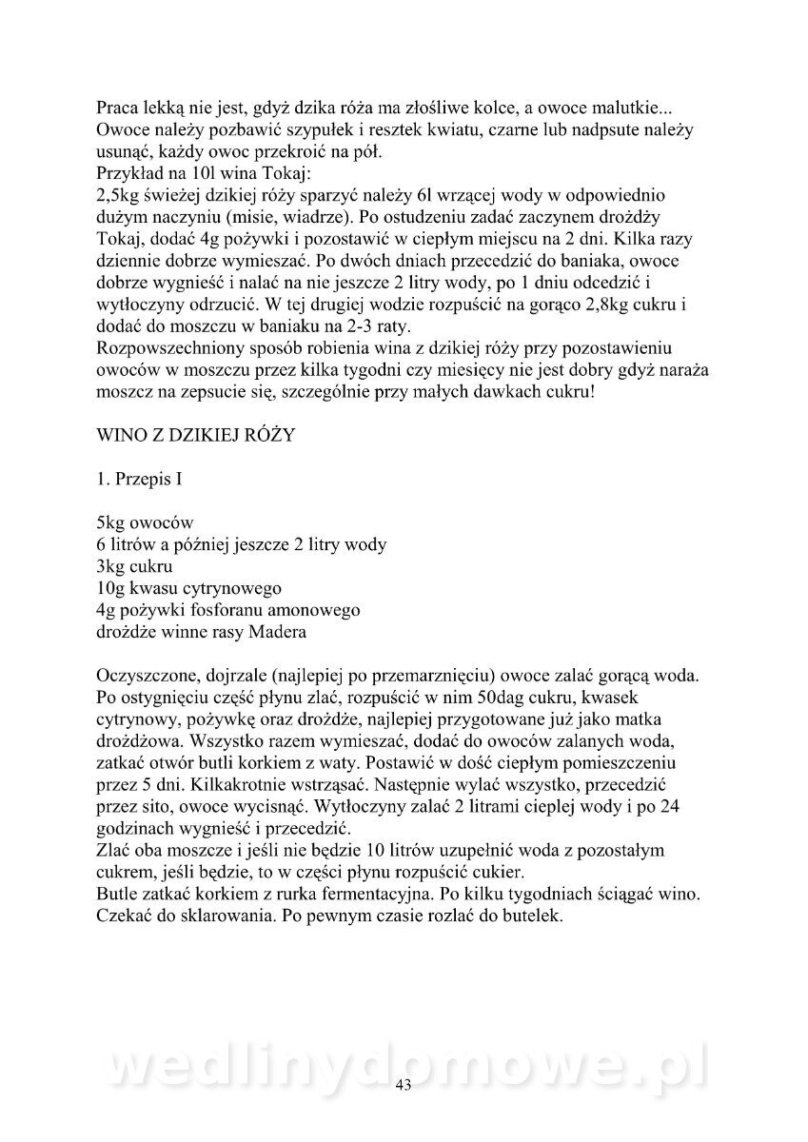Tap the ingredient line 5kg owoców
[x=145, y=522]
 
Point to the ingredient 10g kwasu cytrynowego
[x=188, y=588]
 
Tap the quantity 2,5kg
[x=119, y=195]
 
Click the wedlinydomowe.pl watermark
[x=404, y=1070]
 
